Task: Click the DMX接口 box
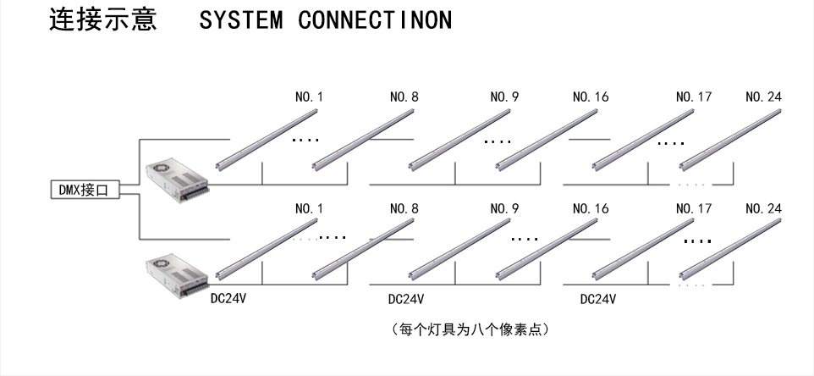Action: (x=84, y=191)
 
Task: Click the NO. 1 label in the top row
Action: (x=309, y=97)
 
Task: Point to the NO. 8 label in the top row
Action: (x=404, y=97)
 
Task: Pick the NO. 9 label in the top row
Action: (x=504, y=97)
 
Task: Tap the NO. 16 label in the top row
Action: (x=590, y=97)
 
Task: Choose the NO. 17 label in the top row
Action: (x=694, y=97)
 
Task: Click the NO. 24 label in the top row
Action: (x=764, y=97)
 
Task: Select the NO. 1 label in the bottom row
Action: (x=309, y=207)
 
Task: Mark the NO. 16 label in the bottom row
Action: (x=590, y=207)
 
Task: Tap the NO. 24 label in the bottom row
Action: (x=764, y=207)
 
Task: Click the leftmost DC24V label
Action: (x=228, y=299)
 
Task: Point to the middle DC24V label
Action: (x=406, y=299)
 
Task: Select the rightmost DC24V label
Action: (x=598, y=299)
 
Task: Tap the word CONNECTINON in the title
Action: (x=375, y=20)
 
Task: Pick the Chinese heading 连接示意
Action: (x=104, y=20)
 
